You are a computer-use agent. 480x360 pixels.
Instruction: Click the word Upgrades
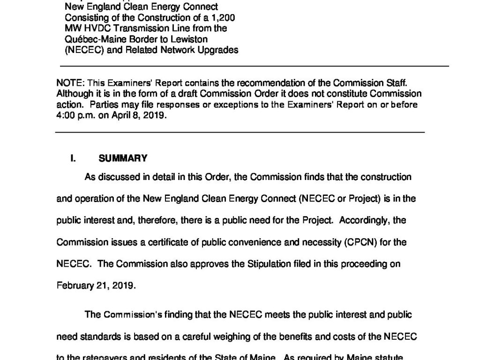tap(220, 49)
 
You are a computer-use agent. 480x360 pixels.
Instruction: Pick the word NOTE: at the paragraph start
tap(67, 83)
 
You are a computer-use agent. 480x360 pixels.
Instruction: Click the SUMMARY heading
tap(123, 158)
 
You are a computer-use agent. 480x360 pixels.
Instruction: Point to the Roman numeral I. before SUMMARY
tap(73, 158)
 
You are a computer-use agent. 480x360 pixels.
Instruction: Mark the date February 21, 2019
tap(96, 285)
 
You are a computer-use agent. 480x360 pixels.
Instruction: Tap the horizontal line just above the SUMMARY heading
tap(240, 133)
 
